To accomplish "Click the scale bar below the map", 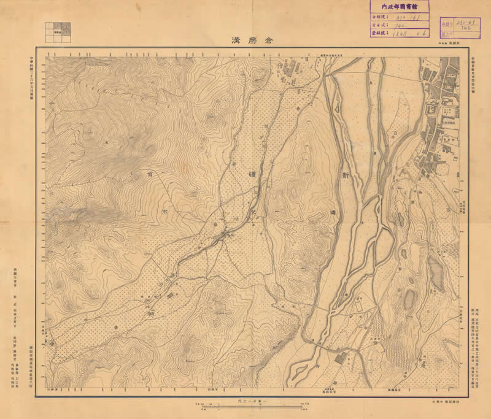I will click(x=249, y=407).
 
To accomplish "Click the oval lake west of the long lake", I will click(x=409, y=300).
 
